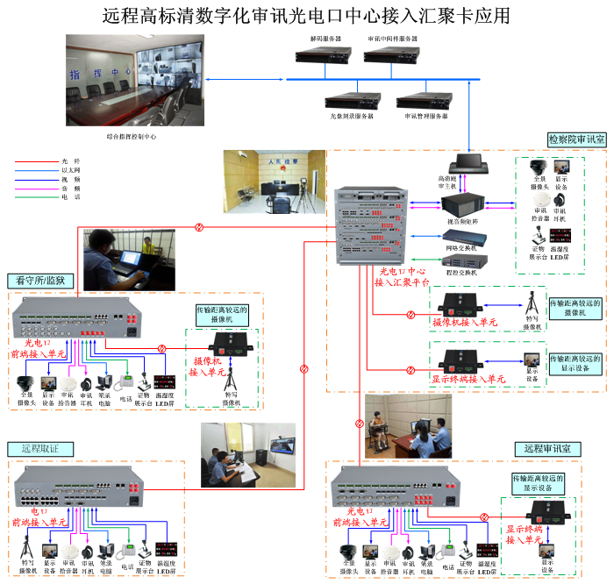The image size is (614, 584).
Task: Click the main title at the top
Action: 306,15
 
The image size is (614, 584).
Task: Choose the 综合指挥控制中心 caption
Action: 125,136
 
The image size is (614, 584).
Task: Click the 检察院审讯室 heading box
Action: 576,139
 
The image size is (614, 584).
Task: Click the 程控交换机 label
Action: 461,273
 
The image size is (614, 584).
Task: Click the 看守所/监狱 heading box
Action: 41,281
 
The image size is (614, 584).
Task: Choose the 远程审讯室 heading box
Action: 546,448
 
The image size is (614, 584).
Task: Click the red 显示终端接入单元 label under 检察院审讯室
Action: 468,380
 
